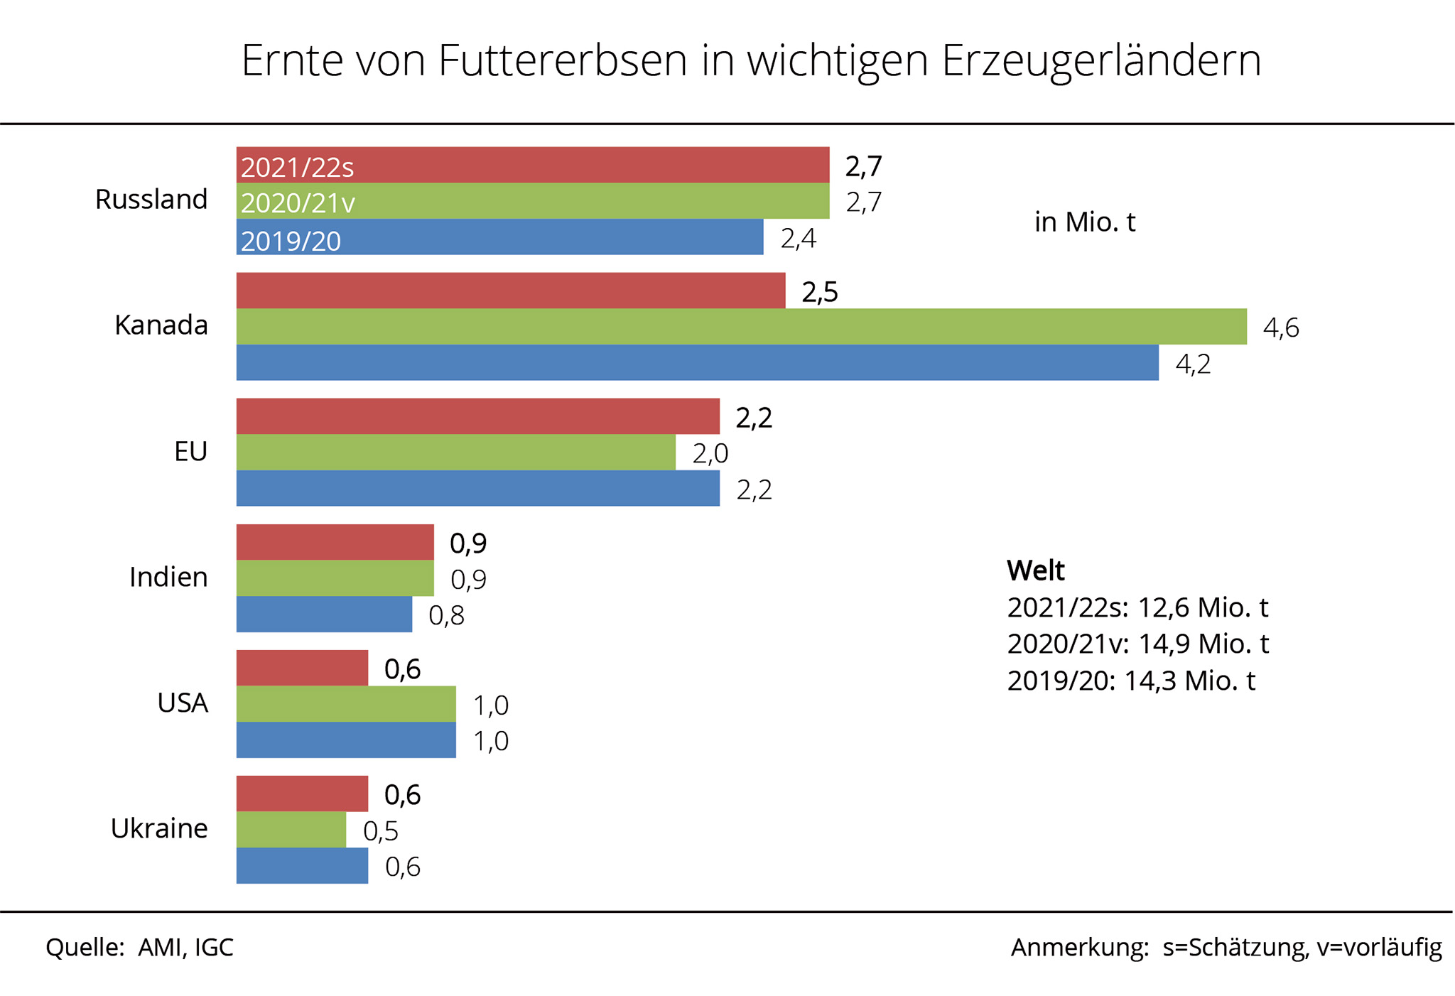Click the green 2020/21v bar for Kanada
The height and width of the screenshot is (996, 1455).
(741, 327)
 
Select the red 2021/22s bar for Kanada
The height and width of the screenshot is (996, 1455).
(511, 291)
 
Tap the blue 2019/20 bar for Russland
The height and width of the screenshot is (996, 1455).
(499, 237)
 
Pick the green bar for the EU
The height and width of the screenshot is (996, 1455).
(455, 453)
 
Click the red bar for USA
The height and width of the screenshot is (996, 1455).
(302, 668)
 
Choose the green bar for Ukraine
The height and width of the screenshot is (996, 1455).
(291, 830)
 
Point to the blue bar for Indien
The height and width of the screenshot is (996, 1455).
(324, 615)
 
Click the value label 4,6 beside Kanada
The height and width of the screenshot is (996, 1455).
(1281, 328)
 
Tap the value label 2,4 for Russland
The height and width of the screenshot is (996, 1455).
(798, 239)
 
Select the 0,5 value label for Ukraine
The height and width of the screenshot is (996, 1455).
(381, 831)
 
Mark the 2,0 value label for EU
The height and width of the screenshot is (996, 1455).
(710, 453)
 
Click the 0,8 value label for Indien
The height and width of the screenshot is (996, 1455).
(446, 615)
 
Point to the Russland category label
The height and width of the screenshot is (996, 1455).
(151, 200)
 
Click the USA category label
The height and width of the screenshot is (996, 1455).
(183, 703)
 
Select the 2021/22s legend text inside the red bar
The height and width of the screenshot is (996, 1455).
(297, 168)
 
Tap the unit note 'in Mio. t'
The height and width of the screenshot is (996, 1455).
(1085, 222)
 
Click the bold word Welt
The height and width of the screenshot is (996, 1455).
(1036, 570)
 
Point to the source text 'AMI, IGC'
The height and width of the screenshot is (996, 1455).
(185, 948)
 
